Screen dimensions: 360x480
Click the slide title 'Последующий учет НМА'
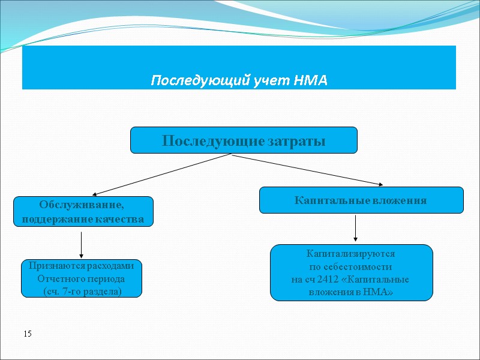tap(239, 80)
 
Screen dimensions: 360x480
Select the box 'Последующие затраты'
tap(244, 140)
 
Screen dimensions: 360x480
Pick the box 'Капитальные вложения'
tap(361, 200)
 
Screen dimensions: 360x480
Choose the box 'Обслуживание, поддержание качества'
tap(83, 211)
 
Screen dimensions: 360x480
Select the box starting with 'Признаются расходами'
tap(82, 278)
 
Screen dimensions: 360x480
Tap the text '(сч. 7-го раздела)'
tap(82, 291)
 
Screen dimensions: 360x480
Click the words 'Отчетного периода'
tap(82, 278)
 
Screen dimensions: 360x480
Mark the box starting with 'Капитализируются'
tap(351, 272)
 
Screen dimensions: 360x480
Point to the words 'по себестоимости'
tap(351, 266)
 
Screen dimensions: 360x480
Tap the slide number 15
tap(27, 333)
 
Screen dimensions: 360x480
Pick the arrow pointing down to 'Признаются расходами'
tap(81, 244)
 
